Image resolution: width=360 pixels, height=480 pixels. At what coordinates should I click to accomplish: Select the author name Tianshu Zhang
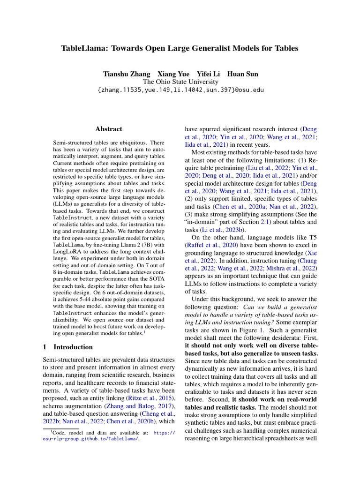click(127, 74)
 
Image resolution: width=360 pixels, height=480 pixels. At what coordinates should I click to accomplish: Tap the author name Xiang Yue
click(174, 74)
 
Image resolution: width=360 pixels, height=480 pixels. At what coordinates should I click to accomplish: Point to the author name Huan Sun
click(242, 74)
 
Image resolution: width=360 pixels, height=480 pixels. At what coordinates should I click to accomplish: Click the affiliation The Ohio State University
click(180, 82)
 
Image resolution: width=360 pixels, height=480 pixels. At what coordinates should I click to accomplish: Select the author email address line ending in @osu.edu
click(180, 90)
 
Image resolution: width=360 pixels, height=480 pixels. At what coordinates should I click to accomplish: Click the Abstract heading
click(109, 129)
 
